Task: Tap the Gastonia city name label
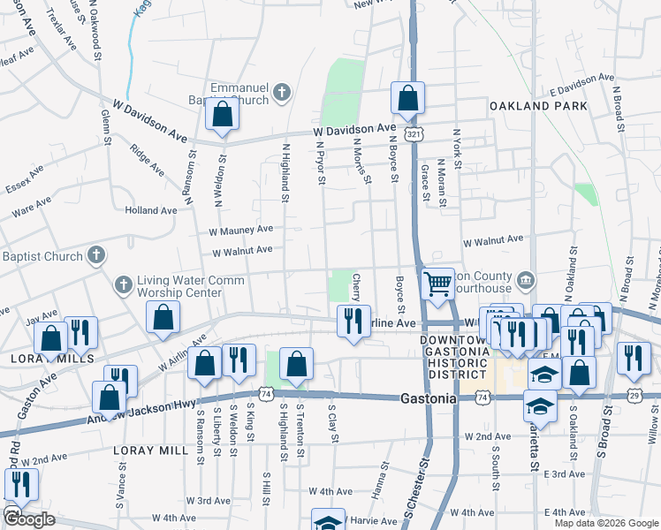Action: tap(429, 398)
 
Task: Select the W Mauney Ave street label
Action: tap(240, 230)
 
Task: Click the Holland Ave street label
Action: tap(151, 210)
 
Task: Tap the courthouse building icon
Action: tap(525, 280)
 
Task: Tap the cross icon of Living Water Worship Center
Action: tap(123, 284)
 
